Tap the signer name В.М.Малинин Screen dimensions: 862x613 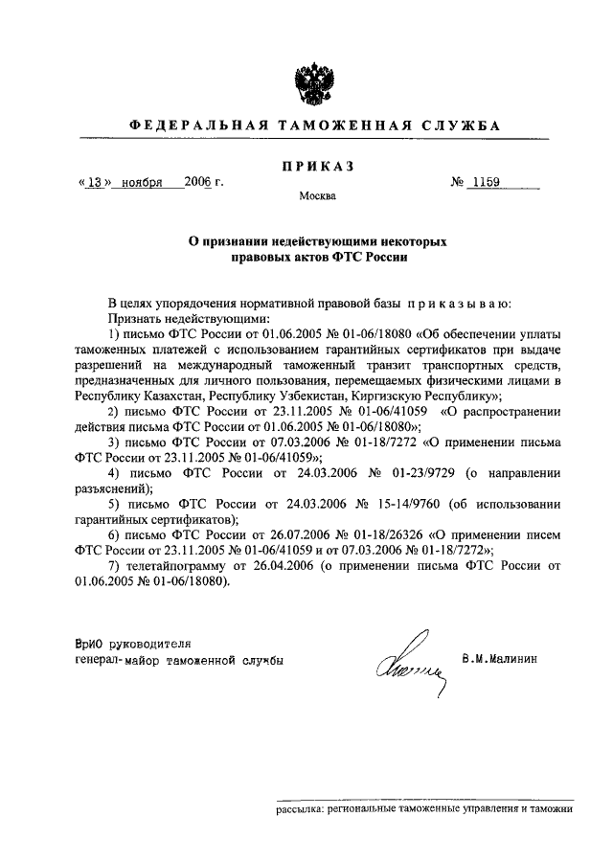501,659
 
